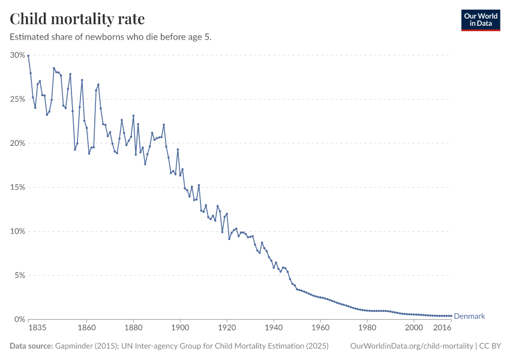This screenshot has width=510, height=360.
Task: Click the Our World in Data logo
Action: (x=480, y=20)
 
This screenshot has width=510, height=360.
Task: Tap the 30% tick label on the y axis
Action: (x=17, y=55)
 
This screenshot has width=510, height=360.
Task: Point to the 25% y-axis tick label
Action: (x=17, y=99)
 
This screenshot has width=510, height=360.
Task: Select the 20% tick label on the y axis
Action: (x=17, y=143)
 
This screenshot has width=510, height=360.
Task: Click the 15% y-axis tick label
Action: (x=17, y=187)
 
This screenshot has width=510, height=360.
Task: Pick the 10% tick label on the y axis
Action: (x=17, y=232)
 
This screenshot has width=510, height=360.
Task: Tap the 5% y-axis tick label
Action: (x=19, y=275)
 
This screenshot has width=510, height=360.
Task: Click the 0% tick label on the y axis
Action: (x=19, y=319)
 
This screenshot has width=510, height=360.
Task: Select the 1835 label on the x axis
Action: (x=37, y=328)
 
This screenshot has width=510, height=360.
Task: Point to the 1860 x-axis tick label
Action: (x=86, y=328)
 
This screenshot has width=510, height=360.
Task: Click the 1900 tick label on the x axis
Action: (x=180, y=328)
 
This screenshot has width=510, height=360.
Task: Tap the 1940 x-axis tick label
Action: (x=274, y=328)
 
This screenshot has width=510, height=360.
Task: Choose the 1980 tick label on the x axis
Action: (x=367, y=328)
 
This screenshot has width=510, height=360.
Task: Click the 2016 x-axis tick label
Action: (x=442, y=328)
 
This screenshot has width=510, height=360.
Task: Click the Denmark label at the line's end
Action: (x=469, y=316)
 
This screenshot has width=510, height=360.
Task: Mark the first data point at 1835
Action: (x=28, y=56)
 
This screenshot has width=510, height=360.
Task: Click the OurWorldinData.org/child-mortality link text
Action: (x=411, y=346)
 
